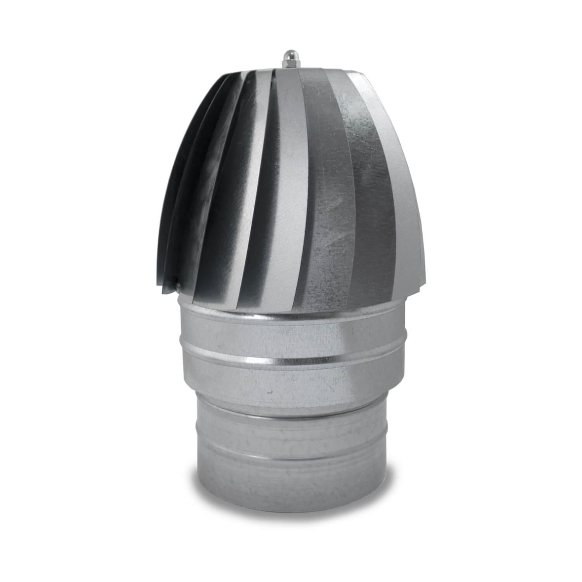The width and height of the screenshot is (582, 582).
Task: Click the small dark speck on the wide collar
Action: click(x=269, y=392)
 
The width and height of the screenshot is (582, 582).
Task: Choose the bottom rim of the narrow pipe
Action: click(x=291, y=508)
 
